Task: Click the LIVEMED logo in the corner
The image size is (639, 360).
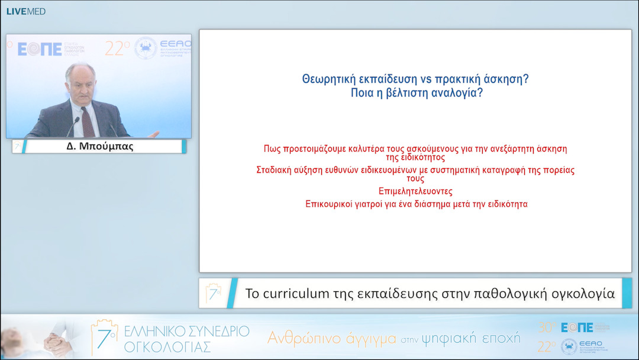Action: [x=25, y=11]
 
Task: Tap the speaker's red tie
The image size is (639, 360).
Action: [x=88, y=121]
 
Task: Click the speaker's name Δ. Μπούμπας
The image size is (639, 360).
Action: [x=100, y=146]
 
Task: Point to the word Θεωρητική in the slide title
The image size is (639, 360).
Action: [x=327, y=79]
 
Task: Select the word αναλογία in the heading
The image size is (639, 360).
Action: [x=458, y=92]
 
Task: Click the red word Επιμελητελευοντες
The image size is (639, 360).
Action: [x=415, y=191]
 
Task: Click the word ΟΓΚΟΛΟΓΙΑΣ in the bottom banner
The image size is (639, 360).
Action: [x=167, y=346]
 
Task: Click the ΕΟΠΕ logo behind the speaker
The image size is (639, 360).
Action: [x=40, y=49]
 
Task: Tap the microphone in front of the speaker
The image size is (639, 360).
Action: [x=73, y=126]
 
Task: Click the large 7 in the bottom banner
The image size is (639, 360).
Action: [x=102, y=337]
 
